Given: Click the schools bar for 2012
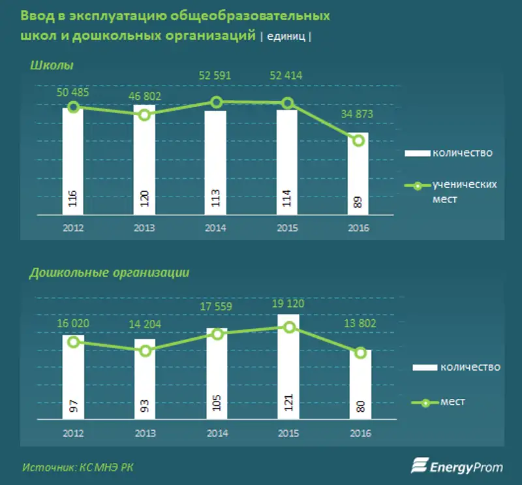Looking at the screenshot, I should coord(73,161).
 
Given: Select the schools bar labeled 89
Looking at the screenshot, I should coord(358,174).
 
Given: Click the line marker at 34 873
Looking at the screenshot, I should coord(358,140).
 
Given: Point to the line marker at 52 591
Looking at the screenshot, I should coord(217,102).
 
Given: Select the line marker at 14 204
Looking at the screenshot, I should coord(145,351).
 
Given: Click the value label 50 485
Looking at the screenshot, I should coord(72,92).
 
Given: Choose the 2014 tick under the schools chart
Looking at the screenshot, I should coord(216,228).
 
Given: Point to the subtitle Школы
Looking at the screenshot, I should coord(52,65).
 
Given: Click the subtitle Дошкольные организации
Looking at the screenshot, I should coord(109,273).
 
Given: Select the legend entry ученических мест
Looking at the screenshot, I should coord(451,191).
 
